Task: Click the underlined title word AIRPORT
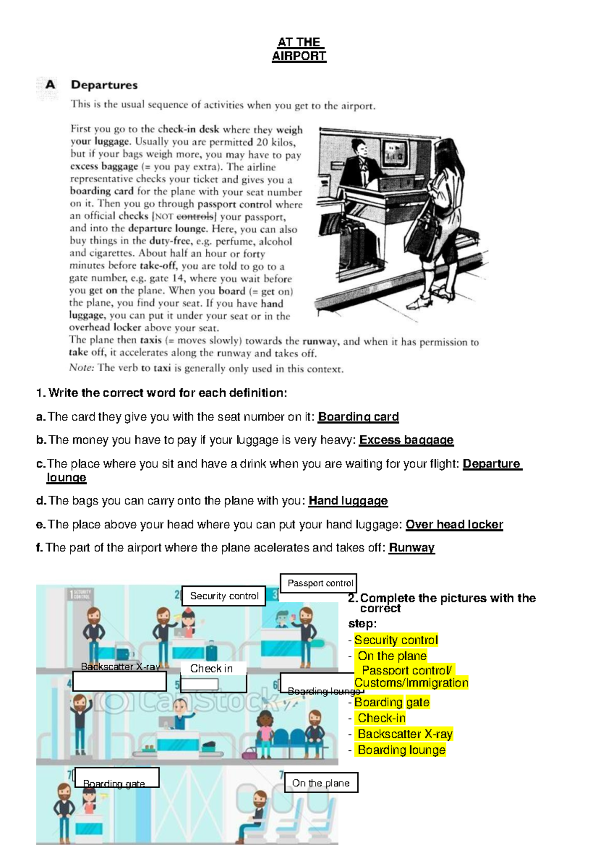click(x=299, y=56)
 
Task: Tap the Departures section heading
click(x=104, y=85)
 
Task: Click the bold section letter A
click(x=50, y=85)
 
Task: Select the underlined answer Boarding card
click(x=358, y=417)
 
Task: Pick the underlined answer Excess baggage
click(x=406, y=440)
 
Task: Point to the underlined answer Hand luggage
click(x=348, y=501)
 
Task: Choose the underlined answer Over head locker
click(x=454, y=524)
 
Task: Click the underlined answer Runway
click(x=412, y=548)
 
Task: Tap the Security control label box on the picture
click(x=224, y=596)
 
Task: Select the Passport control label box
click(x=319, y=583)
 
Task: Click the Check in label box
click(x=211, y=669)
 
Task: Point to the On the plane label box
click(x=321, y=783)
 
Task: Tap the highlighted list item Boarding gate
click(x=392, y=702)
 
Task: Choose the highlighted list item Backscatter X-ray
click(x=405, y=734)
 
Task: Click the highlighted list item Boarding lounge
click(x=401, y=750)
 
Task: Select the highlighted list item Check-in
click(x=381, y=718)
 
